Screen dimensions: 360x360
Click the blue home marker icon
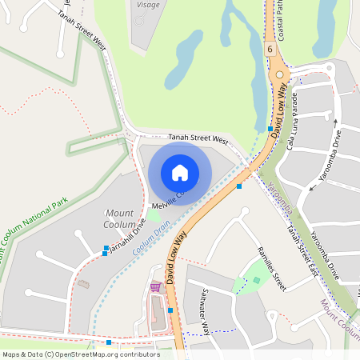point(180,172)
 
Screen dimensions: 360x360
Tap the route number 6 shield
point(271,50)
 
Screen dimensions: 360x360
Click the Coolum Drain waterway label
point(151,239)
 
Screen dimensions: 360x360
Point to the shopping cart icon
point(155,286)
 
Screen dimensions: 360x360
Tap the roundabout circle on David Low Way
point(278,78)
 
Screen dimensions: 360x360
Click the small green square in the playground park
point(256,280)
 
